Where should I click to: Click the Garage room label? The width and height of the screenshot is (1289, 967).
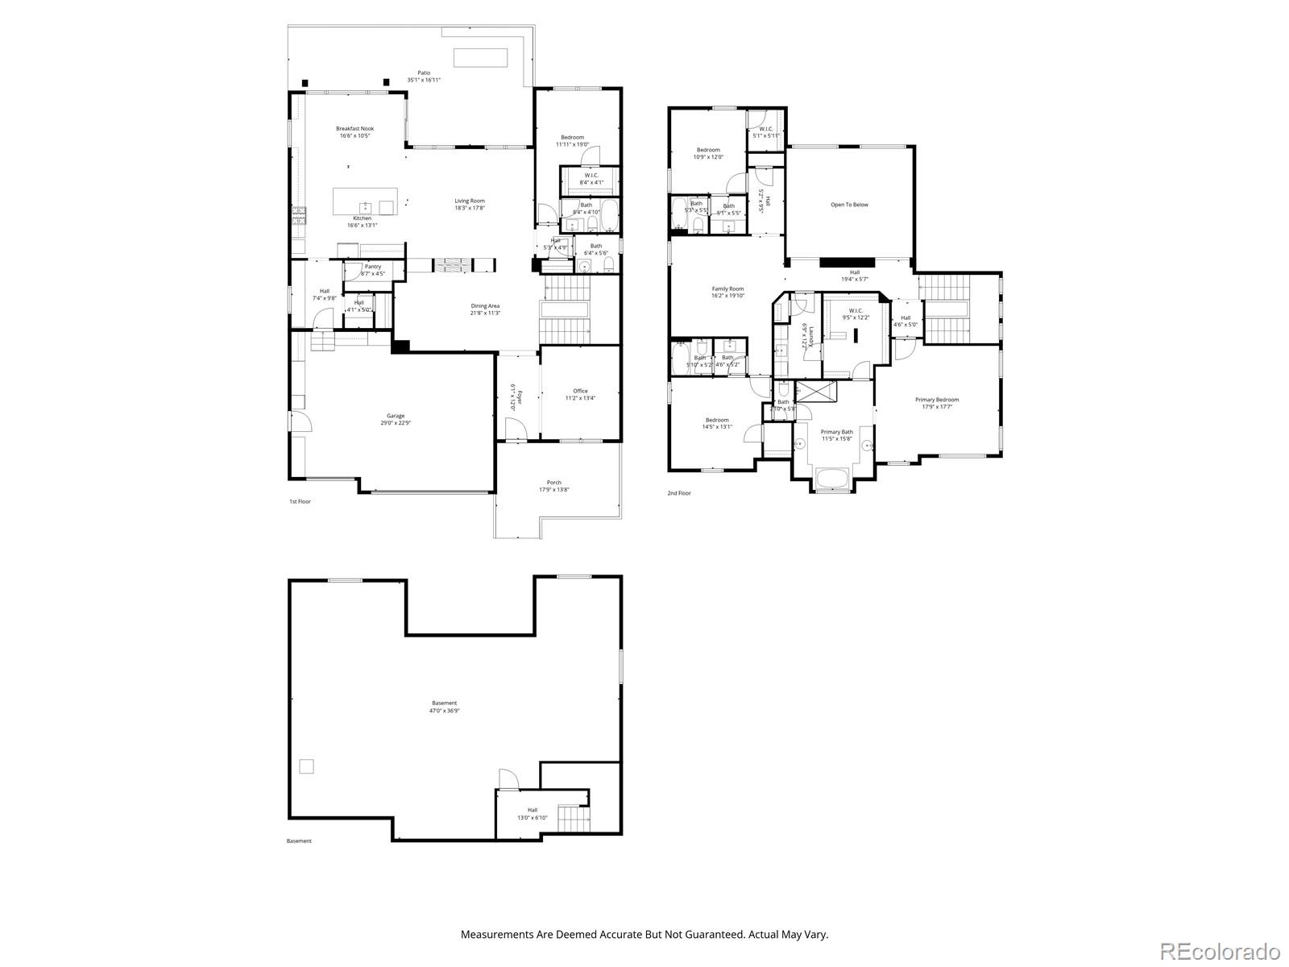394,419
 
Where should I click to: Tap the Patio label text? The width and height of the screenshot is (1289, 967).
424,77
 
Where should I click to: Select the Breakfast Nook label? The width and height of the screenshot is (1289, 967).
354,132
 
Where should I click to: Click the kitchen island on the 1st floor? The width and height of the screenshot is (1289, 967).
365,201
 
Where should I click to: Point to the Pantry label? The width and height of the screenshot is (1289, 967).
372,270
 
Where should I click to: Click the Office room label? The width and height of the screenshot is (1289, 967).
580,394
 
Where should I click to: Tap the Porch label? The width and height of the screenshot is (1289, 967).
553,486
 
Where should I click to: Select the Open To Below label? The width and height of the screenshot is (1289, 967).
849,205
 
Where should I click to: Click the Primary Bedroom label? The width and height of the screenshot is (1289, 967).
936,403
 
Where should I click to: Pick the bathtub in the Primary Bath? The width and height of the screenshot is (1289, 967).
831,480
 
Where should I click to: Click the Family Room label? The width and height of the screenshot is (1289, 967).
727,292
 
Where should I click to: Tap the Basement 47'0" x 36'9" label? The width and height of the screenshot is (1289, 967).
444,707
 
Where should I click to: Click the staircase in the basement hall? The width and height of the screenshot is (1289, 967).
574,820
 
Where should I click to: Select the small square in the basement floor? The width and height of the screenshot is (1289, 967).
306,766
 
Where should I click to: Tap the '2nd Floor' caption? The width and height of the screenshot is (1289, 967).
678,493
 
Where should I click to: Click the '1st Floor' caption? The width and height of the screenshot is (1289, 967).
300,501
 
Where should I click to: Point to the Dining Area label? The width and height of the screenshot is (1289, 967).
485,309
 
